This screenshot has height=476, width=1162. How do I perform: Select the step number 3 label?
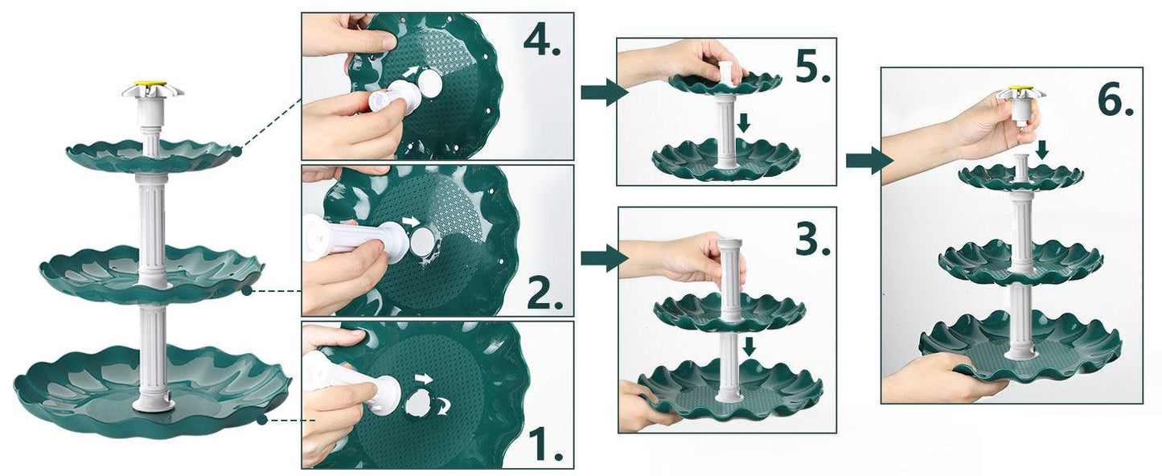click(811, 239)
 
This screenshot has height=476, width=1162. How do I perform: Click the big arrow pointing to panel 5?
click(602, 92)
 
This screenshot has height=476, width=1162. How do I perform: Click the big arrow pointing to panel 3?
click(602, 257)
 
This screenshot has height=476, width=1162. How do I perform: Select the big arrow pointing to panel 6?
click(868, 161)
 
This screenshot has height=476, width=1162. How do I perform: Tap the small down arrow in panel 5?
click(744, 122)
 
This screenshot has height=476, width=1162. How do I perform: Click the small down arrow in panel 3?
click(749, 347)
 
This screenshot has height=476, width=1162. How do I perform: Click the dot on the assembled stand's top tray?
click(236, 150)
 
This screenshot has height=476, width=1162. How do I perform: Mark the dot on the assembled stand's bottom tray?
click(261, 419)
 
